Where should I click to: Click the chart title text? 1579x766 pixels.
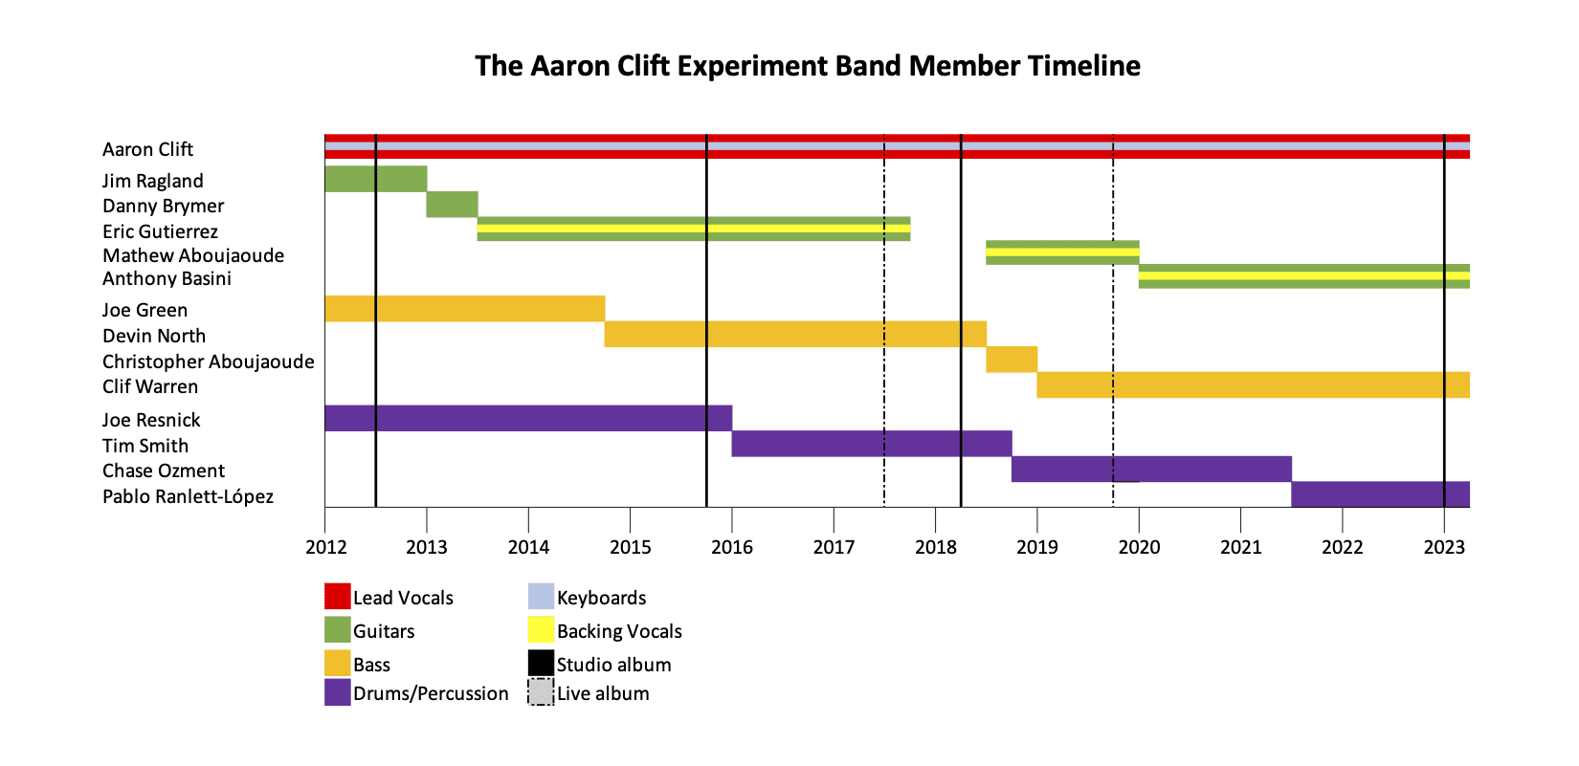click(x=807, y=66)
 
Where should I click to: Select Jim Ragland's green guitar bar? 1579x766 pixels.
click(x=376, y=179)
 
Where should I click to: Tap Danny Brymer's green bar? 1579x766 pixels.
click(x=452, y=205)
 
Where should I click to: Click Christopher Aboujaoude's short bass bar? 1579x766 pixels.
click(x=1012, y=360)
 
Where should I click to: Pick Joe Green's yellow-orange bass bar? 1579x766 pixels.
click(x=464, y=309)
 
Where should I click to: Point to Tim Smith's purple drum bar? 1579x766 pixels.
click(x=872, y=444)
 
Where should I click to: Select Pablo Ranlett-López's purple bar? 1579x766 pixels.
click(x=1380, y=494)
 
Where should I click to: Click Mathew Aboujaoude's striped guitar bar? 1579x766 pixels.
click(x=1062, y=252)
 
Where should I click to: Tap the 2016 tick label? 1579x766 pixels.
click(x=732, y=548)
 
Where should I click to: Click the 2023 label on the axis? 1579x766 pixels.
click(x=1444, y=548)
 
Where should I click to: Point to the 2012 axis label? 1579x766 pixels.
click(x=325, y=548)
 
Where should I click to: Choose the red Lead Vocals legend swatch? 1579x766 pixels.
click(x=338, y=596)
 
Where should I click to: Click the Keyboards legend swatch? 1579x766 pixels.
click(x=541, y=596)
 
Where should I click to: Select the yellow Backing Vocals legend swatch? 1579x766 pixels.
click(x=541, y=630)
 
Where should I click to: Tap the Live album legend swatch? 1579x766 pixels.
click(x=541, y=692)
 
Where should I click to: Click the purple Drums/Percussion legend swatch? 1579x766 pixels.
click(x=338, y=692)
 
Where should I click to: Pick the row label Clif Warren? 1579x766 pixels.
click(x=150, y=387)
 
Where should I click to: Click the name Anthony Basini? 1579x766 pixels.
click(x=167, y=279)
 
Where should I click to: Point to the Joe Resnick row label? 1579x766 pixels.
click(x=151, y=420)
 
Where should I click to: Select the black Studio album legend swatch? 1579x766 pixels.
click(x=541, y=663)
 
